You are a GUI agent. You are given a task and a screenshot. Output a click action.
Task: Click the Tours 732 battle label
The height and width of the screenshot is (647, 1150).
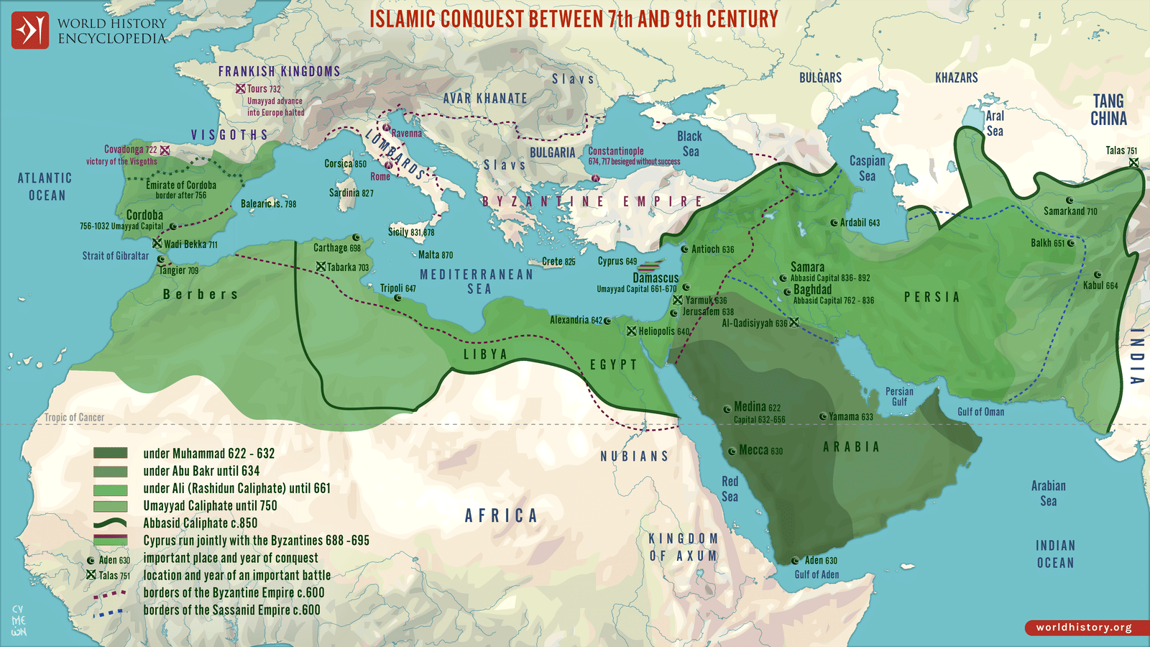[264, 88]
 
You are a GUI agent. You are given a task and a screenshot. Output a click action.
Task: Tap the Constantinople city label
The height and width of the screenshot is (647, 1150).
[616, 151]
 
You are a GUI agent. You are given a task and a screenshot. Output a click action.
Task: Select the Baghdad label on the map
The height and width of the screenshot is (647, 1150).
[812, 289]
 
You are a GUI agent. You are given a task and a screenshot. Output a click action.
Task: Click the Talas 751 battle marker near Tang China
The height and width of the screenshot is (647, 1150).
[1133, 162]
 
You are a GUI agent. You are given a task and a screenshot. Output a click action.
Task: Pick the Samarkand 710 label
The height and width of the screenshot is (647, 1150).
[1070, 211]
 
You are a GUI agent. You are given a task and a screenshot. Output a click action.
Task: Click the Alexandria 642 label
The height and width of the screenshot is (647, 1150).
[576, 320]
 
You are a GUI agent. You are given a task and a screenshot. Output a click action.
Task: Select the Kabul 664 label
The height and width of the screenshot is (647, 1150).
[1100, 285]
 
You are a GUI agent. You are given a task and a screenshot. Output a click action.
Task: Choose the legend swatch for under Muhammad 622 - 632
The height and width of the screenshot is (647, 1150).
[110, 453]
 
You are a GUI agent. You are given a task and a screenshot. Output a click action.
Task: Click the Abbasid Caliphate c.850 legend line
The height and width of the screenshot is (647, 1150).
[110, 523]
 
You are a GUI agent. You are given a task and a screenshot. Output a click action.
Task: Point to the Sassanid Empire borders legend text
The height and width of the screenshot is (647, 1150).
[231, 610]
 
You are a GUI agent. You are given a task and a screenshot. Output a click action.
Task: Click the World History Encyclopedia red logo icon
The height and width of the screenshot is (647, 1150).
[29, 30]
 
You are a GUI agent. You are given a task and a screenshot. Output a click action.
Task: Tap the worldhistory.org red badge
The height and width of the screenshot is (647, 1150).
[1083, 628]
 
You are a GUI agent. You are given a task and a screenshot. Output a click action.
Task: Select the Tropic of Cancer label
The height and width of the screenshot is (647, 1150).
[74, 418]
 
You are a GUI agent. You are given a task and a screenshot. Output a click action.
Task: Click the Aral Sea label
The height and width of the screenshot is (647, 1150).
[995, 124]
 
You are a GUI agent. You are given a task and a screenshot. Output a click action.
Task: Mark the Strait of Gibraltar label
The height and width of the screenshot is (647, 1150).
[115, 256]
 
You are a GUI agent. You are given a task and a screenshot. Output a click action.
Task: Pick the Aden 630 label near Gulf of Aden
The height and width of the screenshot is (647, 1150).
[820, 560]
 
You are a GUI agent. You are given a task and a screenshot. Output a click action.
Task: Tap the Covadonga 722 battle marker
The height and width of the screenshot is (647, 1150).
[165, 150]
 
